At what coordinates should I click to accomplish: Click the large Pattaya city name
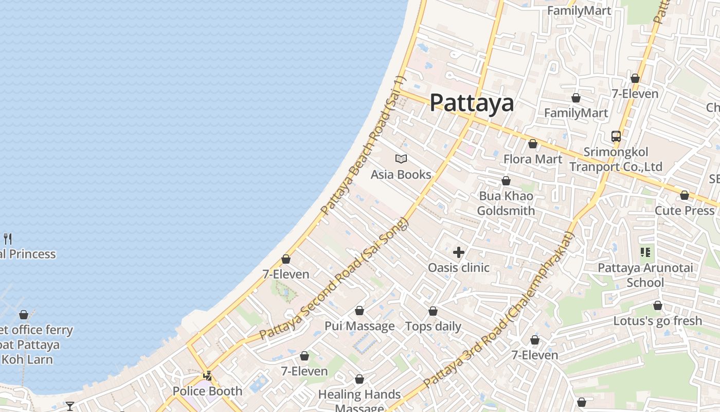[472, 102]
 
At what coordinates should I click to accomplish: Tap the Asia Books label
[401, 175]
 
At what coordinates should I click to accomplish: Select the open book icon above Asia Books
[401, 159]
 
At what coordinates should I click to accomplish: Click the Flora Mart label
[533, 159]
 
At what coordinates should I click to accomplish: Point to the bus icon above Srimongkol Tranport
[616, 136]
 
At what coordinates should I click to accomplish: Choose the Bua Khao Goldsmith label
[506, 203]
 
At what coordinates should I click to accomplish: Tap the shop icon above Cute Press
[684, 196]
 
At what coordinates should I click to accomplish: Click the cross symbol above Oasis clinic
[459, 252]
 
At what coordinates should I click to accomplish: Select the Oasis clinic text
[459, 268]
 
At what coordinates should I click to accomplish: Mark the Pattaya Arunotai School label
[645, 275]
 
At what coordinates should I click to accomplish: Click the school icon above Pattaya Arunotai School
[645, 252]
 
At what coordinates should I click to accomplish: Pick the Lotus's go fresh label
[657, 321]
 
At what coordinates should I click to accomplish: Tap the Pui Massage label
[359, 326]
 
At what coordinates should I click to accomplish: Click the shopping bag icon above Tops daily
[433, 312]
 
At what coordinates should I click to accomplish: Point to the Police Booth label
[207, 391]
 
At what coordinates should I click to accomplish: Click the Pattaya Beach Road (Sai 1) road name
[363, 146]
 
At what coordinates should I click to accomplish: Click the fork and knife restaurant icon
[8, 238]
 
